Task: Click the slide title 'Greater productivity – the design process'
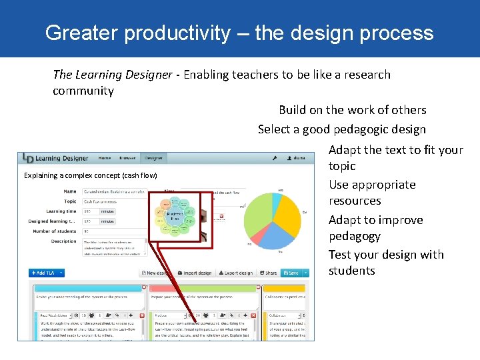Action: [239, 33]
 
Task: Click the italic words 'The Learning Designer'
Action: [112, 75]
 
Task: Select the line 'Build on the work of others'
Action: [352, 110]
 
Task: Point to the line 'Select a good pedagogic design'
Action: [341, 129]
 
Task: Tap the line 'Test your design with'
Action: [385, 255]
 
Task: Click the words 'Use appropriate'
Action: [371, 185]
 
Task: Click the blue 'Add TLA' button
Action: [46, 273]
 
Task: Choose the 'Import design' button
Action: [194, 273]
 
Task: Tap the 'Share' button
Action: [268, 273]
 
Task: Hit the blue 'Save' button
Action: [292, 273]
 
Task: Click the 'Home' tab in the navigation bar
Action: [105, 158]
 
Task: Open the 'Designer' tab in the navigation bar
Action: [154, 158]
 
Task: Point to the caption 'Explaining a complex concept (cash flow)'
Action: [91, 176]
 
